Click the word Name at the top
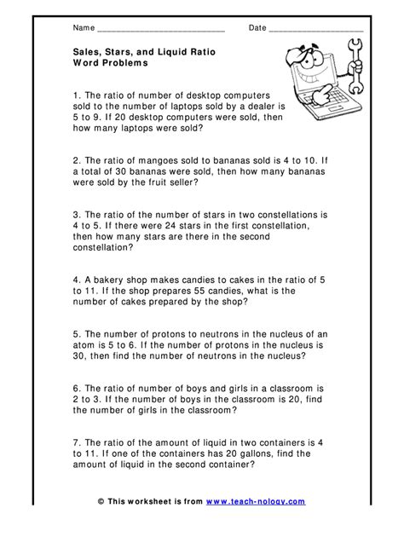pos(84,28)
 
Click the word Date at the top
pos(257,28)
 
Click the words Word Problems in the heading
pos(110,63)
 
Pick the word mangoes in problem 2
pos(149,160)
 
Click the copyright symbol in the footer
pos(101,503)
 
